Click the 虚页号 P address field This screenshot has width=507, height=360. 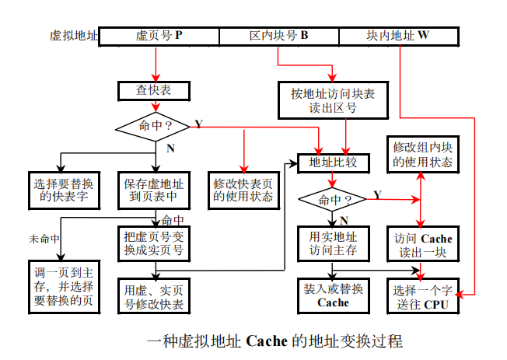click(x=159, y=36)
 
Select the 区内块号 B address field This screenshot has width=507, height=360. click(x=278, y=36)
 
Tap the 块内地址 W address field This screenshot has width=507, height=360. click(x=397, y=36)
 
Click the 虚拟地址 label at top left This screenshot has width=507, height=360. click(x=75, y=36)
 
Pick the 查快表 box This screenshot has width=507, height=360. click(x=154, y=91)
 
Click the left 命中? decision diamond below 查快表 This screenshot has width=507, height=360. click(x=154, y=125)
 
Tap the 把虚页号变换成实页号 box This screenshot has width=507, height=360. click(x=154, y=243)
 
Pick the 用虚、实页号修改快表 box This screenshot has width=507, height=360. click(x=154, y=295)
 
